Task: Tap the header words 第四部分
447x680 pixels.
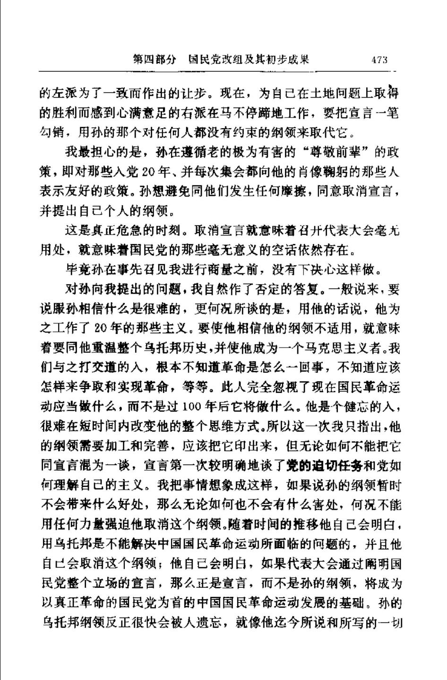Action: click(154, 60)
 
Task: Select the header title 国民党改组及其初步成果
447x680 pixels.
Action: click(248, 60)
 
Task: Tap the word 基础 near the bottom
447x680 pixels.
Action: click(351, 603)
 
